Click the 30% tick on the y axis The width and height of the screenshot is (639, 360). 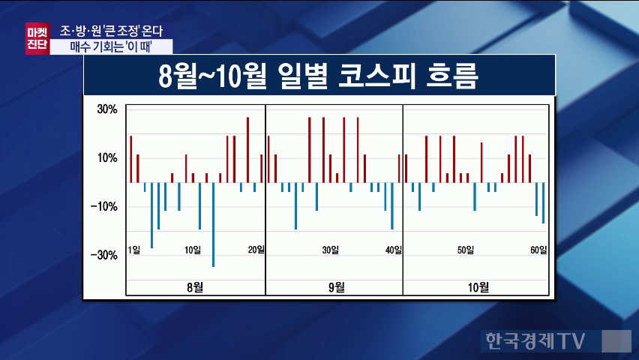[x=106, y=109]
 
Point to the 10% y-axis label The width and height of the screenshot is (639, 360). [x=106, y=157]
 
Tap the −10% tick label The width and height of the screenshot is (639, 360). [x=105, y=207]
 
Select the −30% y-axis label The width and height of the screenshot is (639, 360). [x=105, y=256]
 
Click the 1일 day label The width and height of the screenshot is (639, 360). [x=134, y=250]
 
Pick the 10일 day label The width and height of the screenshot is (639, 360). [x=193, y=250]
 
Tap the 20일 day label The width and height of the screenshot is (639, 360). [x=256, y=250]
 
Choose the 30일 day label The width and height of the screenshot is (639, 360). [x=330, y=250]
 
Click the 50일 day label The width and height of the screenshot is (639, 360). [x=466, y=250]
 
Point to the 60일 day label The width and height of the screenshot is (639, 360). [x=538, y=250]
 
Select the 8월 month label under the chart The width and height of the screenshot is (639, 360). [x=195, y=286]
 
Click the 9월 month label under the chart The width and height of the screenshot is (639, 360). [x=335, y=286]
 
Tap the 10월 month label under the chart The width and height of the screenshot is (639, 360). [x=478, y=286]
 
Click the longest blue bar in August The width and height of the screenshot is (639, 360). [x=213, y=224]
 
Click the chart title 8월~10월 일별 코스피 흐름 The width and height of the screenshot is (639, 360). [x=319, y=76]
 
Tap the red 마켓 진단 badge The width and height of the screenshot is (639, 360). [x=36, y=37]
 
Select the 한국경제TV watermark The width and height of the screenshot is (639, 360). [x=533, y=340]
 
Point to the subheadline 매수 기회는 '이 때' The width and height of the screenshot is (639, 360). [x=115, y=46]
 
